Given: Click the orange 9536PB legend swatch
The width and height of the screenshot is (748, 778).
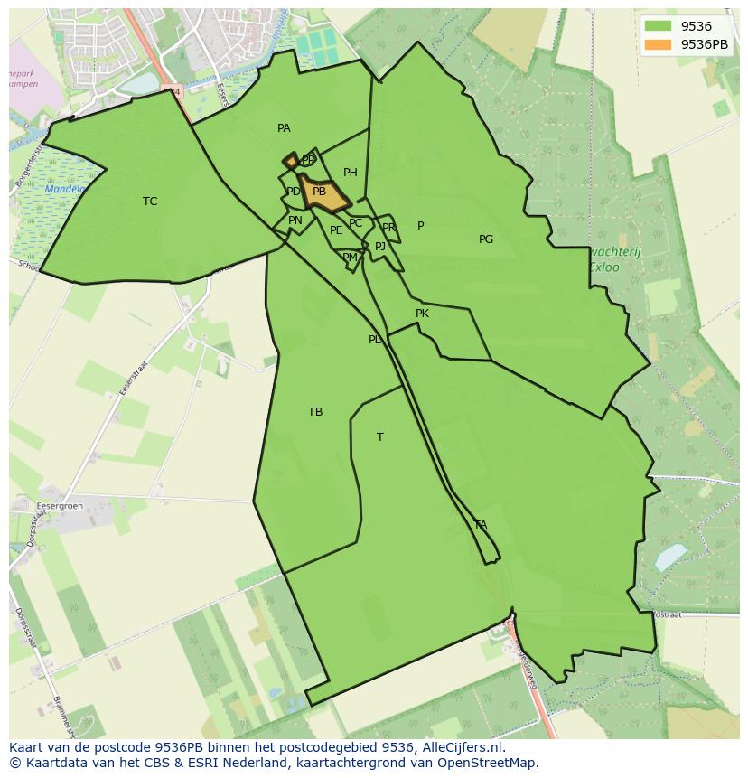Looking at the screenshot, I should click(659, 44).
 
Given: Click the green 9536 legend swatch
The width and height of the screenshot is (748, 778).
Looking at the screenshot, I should click(659, 26).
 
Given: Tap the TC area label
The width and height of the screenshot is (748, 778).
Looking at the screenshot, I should click(150, 202).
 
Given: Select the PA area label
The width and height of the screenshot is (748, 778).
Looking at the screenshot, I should click(284, 128).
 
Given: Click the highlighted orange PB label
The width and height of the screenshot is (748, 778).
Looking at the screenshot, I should click(319, 192).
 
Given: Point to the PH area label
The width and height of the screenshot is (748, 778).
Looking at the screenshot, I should click(351, 173).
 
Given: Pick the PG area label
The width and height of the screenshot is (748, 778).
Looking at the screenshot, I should click(486, 239).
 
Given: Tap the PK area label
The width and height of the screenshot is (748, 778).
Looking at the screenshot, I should click(422, 314).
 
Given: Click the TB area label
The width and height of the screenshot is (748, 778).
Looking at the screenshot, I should click(315, 412).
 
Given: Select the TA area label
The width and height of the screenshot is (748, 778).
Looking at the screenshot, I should click(481, 525).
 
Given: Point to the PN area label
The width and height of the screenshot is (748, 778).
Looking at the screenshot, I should click(295, 220).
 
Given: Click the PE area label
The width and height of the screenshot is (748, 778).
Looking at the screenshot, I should click(336, 230).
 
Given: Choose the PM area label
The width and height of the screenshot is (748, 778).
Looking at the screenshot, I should click(350, 258).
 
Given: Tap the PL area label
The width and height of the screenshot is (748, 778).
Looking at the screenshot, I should click(375, 340).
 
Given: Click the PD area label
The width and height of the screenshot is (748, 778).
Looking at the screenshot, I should click(293, 192).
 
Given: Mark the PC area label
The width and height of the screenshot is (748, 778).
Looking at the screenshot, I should click(355, 223).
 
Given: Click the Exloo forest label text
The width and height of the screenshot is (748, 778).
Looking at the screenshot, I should click(603, 268).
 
